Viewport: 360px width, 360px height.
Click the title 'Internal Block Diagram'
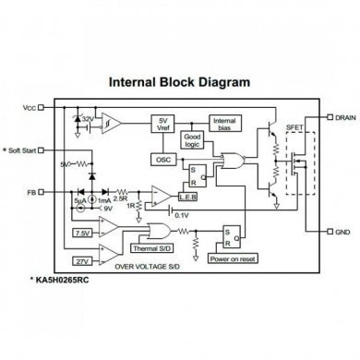[179, 82]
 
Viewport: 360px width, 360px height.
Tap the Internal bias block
[224, 126]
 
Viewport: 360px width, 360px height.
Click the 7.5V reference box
[83, 233]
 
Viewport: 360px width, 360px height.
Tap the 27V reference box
[81, 261]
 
